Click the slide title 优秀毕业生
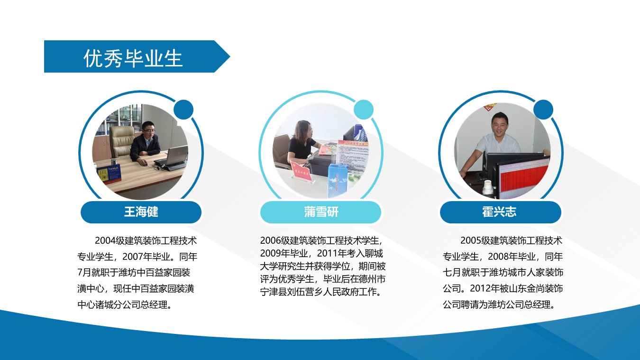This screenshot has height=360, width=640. coord(133,58)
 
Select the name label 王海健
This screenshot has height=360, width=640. coord(141,212)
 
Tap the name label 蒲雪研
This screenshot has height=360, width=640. coord(321,212)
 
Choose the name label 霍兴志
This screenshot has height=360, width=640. coord(499,212)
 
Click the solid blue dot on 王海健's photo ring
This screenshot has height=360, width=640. coord(183,110)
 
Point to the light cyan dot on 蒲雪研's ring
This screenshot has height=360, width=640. coord(364,110)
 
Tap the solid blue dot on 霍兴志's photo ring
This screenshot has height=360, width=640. coord(543,110)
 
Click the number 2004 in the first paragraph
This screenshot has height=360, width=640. coord(105,241)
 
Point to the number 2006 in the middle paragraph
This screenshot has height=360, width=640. coord(270,240)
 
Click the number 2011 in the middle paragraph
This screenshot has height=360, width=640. coord(327,253)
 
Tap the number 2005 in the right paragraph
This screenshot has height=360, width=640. coord(471,240)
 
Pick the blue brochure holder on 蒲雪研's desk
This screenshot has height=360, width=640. coord(338,180)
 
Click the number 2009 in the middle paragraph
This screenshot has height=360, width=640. coord(270,253)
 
